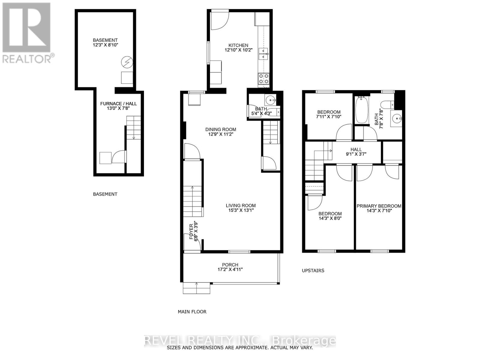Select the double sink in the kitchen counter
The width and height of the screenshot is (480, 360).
point(264,53)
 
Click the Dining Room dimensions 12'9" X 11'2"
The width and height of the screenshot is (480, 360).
point(220,134)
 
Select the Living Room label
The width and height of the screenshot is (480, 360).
point(241,205)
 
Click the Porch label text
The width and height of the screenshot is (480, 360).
point(230,265)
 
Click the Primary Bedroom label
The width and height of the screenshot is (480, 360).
point(379,206)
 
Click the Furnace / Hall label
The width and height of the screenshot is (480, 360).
point(118,104)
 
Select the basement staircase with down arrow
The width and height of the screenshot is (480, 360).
point(133,127)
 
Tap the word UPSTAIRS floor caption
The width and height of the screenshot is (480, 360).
point(313,271)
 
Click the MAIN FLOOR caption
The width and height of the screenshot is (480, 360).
point(192,312)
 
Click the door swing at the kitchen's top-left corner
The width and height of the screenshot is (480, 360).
point(219,20)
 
